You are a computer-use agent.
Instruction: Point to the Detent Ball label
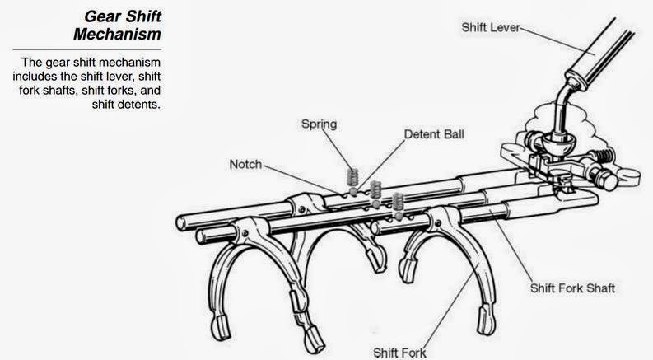click(x=432, y=133)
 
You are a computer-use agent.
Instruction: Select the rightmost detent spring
click(x=399, y=200)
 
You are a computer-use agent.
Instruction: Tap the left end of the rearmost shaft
click(x=182, y=220)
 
